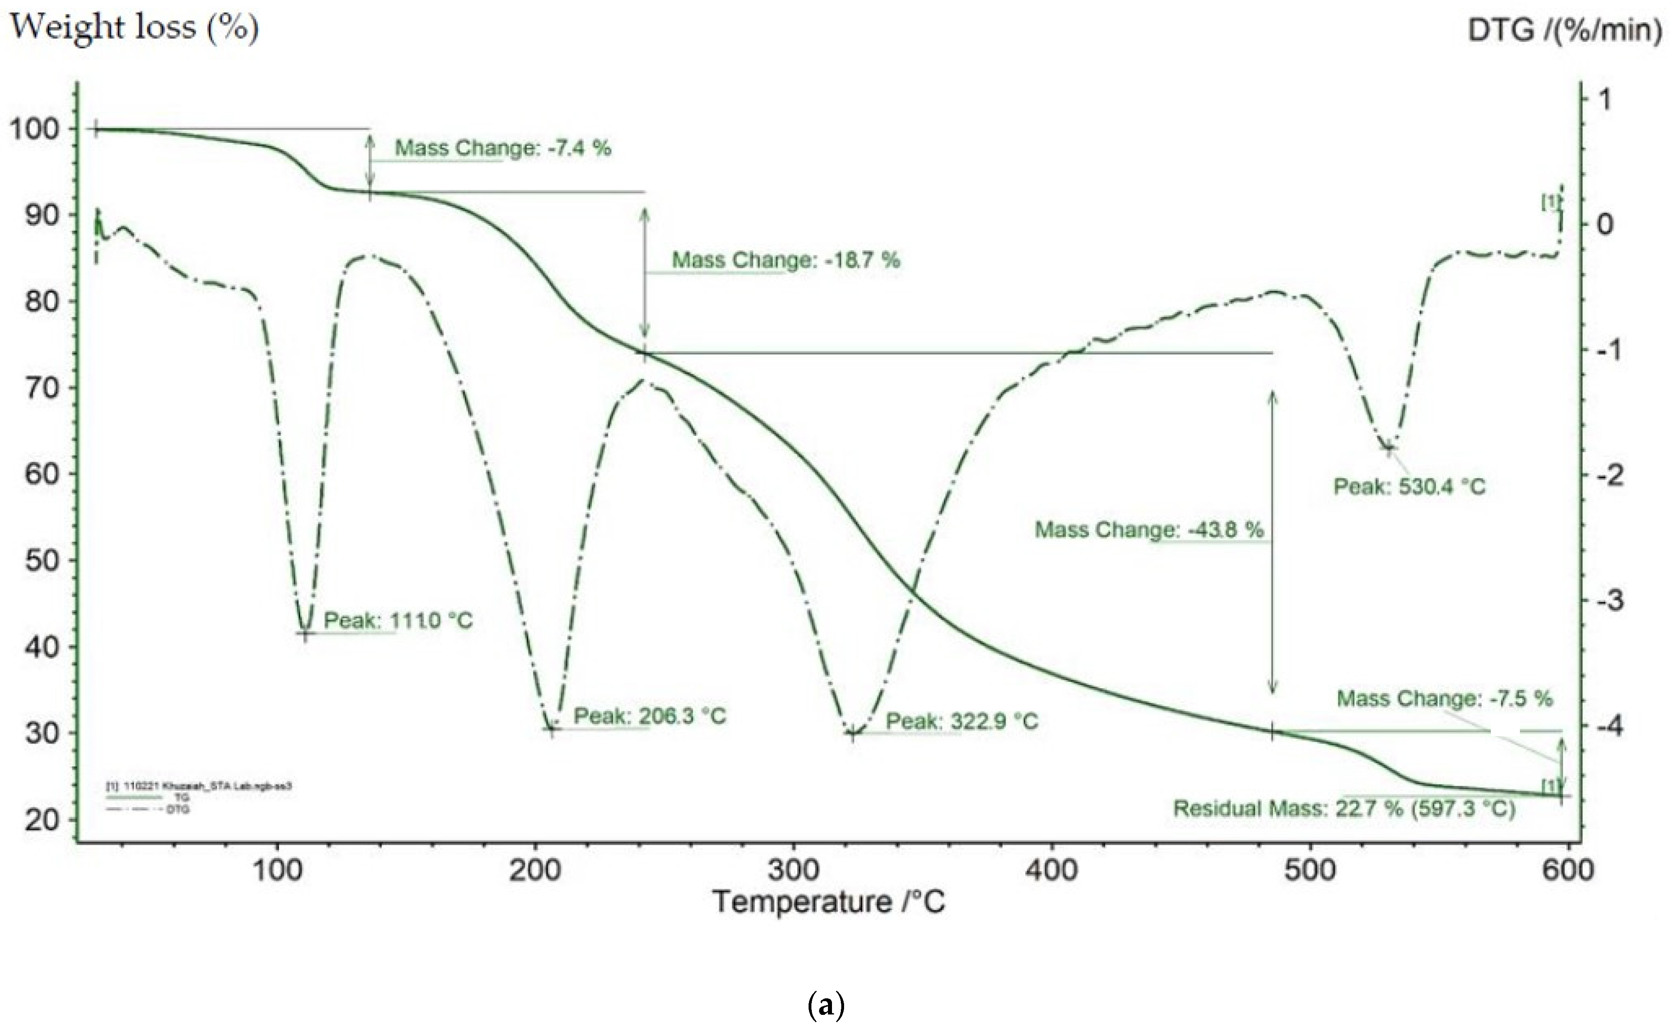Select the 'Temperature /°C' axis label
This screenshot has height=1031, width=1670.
[829, 902]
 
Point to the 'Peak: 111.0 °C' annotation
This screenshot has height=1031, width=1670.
[398, 621]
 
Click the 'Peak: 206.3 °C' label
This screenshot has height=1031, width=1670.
[650, 716]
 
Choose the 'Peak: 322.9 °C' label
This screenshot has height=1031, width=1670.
[962, 721]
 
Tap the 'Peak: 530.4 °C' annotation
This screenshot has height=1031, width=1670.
[1409, 487]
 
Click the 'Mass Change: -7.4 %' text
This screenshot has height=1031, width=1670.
[503, 148]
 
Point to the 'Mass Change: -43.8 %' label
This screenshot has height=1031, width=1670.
[1150, 530]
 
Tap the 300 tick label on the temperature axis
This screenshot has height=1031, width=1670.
[793, 871]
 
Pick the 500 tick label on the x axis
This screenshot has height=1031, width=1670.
[1310, 871]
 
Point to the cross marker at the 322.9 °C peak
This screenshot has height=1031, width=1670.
[852, 734]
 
